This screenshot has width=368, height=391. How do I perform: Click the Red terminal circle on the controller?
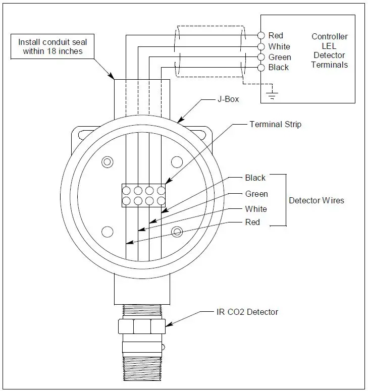click(261, 35)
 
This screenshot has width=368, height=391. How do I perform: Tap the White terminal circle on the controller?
click(261, 46)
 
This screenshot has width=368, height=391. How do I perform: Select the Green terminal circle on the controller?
click(261, 57)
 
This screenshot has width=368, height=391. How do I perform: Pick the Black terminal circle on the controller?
click(261, 68)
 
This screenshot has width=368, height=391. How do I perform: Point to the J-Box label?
click(228, 99)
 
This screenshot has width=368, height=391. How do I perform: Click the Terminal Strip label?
click(275, 124)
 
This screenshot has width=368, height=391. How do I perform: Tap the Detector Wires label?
click(316, 200)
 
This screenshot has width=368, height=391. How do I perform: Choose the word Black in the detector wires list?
click(255, 178)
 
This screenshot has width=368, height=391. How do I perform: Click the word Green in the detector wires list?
click(256, 194)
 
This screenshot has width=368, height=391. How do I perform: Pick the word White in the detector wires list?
click(256, 209)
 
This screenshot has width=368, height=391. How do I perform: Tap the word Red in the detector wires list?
click(252, 222)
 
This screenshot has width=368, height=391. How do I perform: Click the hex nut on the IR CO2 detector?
click(142, 327)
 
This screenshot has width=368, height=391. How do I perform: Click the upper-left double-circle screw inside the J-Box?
click(107, 162)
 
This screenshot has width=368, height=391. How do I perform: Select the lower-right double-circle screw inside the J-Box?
click(177, 232)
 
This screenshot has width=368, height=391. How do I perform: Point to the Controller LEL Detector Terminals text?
click(329, 50)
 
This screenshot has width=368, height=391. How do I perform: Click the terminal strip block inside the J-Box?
click(144, 196)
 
